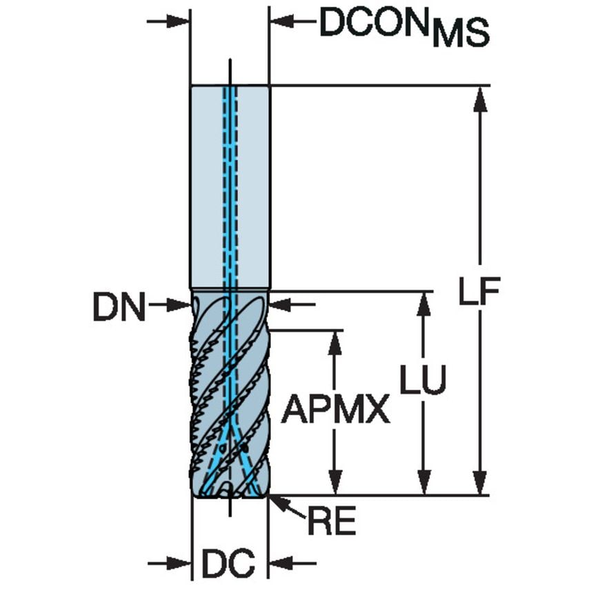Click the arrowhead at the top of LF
(481, 97)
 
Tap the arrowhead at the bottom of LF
(481, 483)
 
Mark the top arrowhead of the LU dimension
(423, 303)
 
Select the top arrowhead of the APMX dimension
(335, 341)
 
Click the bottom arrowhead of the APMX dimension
(335, 483)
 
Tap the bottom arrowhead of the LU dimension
(423, 483)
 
